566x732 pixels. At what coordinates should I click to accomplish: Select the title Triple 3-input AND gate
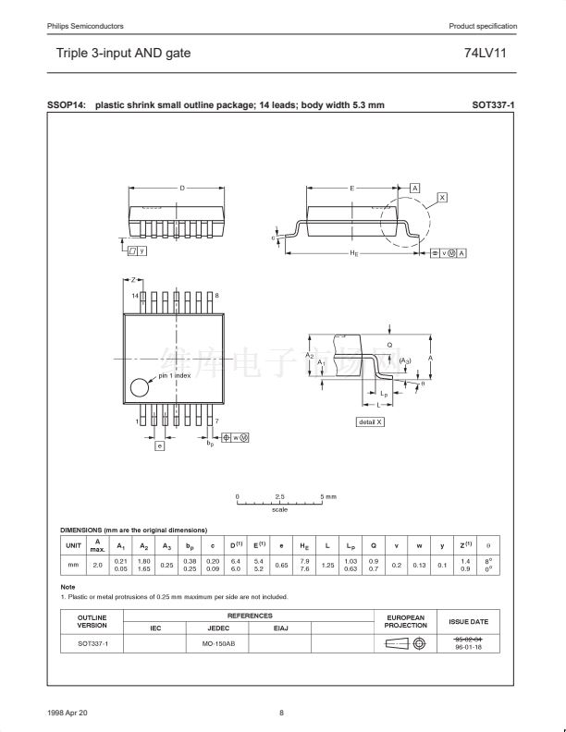[124, 54]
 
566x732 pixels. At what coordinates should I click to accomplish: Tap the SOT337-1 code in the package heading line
[493, 105]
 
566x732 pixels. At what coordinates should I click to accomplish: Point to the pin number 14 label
[135, 295]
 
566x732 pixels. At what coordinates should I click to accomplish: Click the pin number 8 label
[216, 295]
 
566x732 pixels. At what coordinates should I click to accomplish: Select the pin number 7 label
[216, 421]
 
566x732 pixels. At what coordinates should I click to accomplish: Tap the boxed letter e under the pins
[159, 445]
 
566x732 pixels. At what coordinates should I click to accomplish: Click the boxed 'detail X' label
[370, 421]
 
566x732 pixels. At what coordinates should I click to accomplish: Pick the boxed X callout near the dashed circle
[442, 198]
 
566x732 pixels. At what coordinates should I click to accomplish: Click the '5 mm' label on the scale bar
[328, 497]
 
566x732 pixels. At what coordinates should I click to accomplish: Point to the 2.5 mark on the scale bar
[279, 497]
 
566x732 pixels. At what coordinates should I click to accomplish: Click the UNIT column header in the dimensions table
[73, 545]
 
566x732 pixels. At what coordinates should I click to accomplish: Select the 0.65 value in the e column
[281, 564]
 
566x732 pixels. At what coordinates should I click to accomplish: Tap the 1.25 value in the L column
[327, 564]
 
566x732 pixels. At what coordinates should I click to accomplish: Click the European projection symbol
[405, 643]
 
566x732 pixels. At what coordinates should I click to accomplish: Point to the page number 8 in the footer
[282, 711]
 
